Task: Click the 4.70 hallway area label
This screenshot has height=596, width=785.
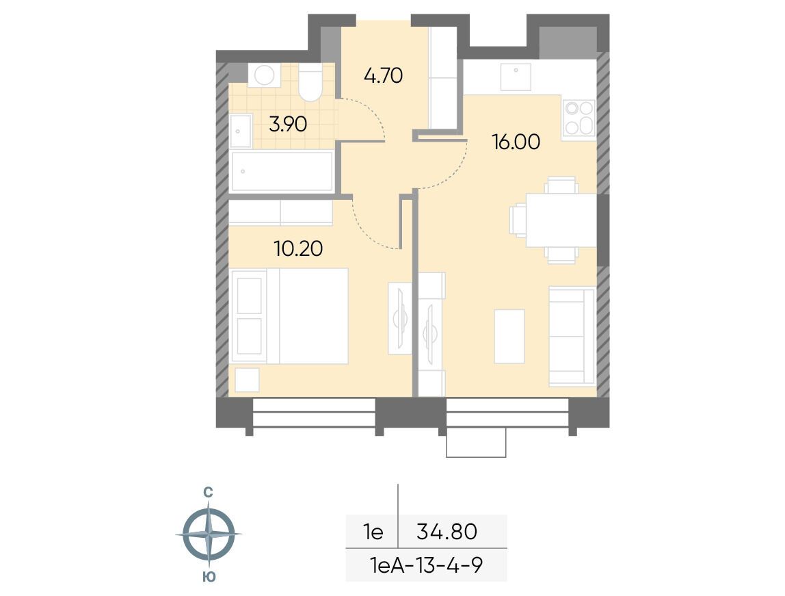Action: (383, 76)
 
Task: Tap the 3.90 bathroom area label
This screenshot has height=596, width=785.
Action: (288, 125)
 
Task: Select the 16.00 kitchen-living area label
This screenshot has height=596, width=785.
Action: (516, 142)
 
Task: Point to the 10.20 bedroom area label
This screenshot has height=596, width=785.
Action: (298, 248)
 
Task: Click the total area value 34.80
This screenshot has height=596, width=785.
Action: (447, 532)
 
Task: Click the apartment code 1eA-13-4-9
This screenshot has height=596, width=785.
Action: (427, 566)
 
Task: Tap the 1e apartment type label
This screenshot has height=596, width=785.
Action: (373, 532)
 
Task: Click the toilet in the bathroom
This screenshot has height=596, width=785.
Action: (310, 83)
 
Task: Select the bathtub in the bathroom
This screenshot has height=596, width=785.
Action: (282, 171)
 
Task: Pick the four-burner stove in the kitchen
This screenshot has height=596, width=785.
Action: (579, 118)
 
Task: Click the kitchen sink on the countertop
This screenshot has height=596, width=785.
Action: (516, 77)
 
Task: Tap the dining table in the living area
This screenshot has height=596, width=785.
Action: (561, 220)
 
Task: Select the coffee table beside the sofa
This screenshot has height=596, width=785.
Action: (509, 336)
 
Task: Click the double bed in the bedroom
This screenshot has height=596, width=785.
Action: (289, 316)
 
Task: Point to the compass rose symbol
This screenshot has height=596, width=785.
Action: (209, 534)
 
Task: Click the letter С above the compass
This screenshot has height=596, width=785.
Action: (209, 493)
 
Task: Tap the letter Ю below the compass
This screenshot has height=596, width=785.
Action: (209, 577)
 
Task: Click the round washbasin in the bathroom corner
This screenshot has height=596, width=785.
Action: (264, 76)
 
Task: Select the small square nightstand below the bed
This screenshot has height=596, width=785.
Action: (248, 380)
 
